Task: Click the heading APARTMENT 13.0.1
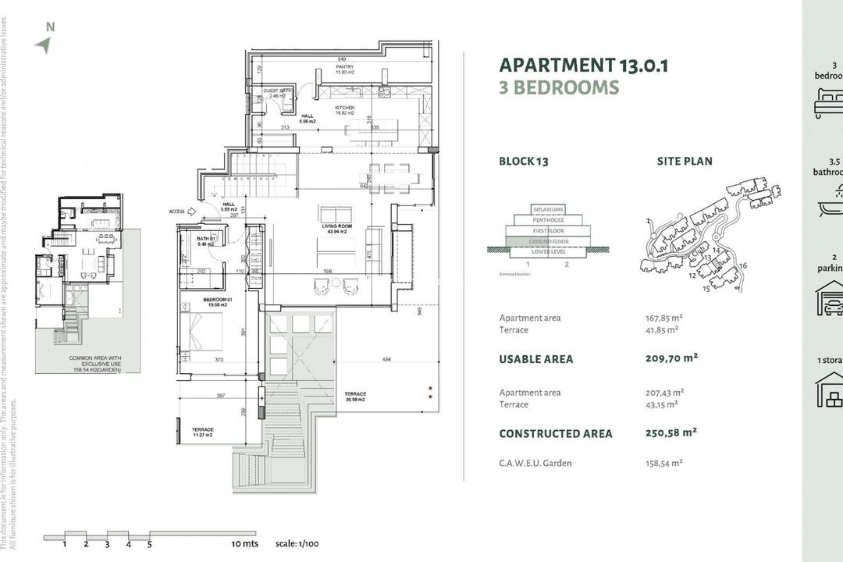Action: point(583,65)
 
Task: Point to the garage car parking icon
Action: point(829,297)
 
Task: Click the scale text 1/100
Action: point(297,543)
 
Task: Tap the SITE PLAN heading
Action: point(684,162)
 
